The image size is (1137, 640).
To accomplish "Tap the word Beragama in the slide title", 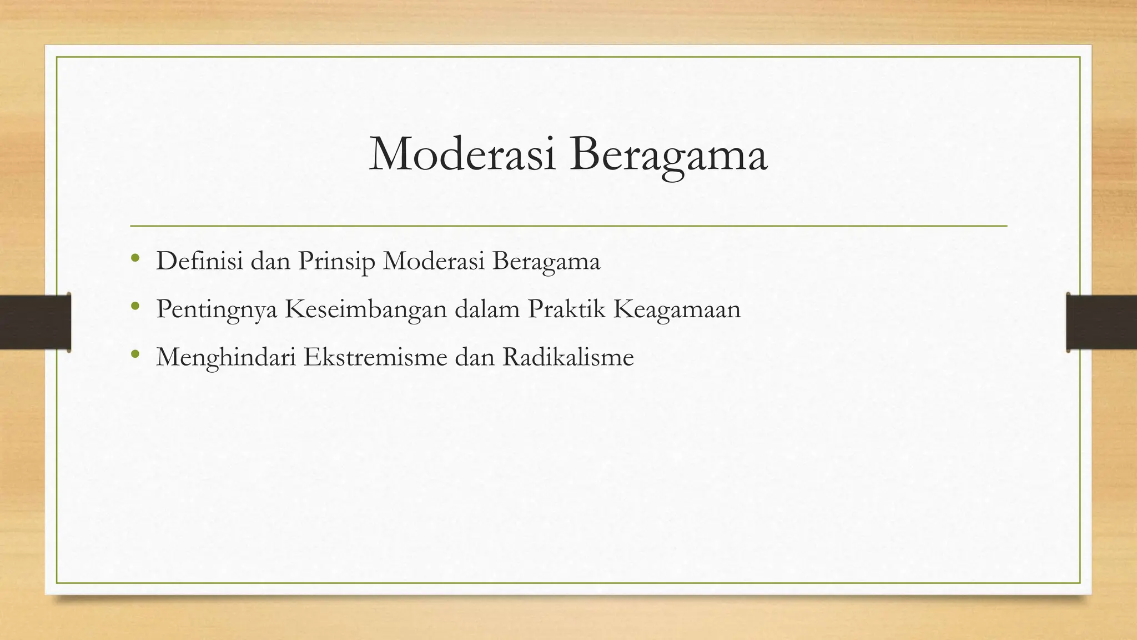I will (668, 155).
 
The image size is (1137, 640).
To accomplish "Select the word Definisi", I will (199, 261).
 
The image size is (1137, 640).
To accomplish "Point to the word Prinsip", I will (336, 262).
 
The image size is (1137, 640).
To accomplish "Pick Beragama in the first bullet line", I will (546, 262).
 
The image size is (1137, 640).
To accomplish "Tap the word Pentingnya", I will (217, 309).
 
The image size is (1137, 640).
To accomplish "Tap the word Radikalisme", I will (568, 357).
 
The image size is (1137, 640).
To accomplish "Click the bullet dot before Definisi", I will (134, 258).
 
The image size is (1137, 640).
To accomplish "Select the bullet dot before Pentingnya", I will (134, 306).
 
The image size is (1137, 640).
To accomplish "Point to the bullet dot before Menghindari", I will (134, 353).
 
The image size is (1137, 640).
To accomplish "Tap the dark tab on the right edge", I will (1101, 322).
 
